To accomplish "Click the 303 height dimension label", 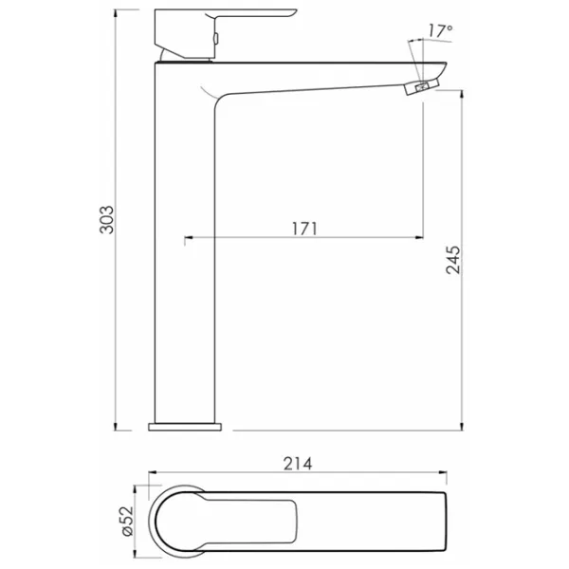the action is (x=106, y=220).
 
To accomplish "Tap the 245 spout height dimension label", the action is (x=453, y=260).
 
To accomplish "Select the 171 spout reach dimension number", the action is (x=304, y=229).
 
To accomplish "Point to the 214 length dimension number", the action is (x=298, y=464).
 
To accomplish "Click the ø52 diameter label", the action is (x=128, y=521).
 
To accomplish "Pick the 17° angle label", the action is (x=440, y=30).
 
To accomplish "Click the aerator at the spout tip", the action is (x=422, y=87).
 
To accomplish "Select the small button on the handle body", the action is (x=216, y=38).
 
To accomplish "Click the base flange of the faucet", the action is (x=185, y=427).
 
